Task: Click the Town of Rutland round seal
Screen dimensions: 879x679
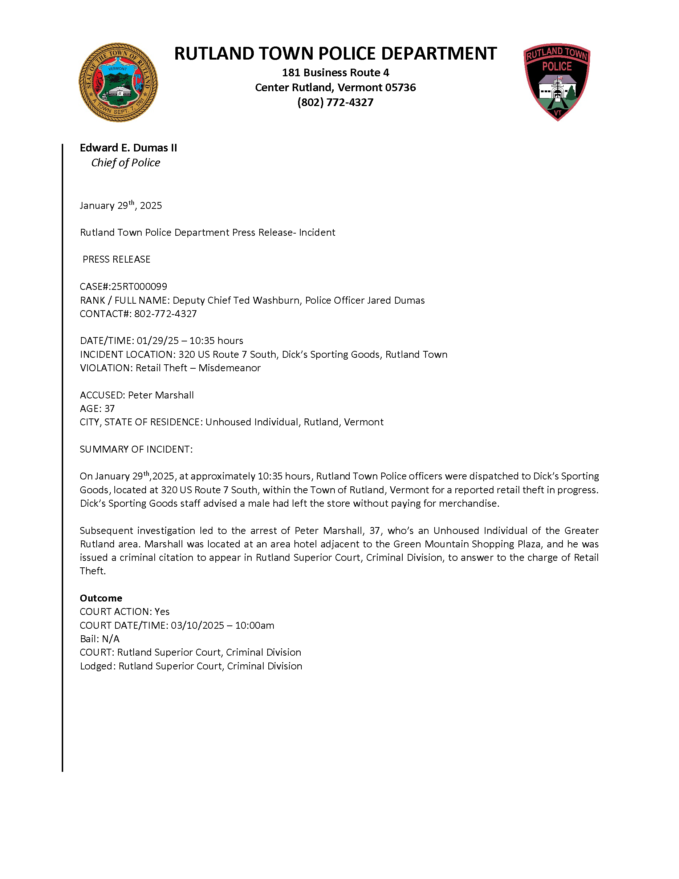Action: point(118,82)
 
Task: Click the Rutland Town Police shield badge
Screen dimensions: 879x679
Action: point(557,82)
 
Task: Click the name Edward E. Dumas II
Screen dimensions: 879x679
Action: point(128,148)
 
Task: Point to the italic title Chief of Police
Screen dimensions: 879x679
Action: point(126,163)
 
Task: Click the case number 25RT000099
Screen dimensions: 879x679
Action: point(139,287)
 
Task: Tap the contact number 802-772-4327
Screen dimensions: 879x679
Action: point(165,314)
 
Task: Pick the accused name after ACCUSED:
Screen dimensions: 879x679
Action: point(161,395)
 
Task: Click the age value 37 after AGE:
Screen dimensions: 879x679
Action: point(109,409)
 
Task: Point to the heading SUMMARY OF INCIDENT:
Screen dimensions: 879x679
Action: point(136,450)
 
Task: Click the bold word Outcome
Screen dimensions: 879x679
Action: point(101,598)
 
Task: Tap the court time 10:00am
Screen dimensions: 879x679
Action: point(255,625)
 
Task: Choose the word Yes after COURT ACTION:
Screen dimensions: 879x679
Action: point(162,612)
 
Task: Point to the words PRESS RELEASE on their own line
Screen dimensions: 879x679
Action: point(116,260)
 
